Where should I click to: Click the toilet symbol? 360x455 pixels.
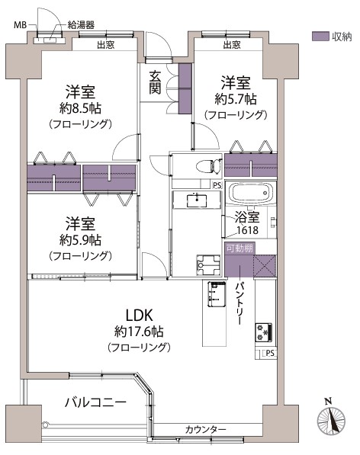(x=208, y=167)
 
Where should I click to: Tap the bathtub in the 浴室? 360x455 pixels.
(x=251, y=193)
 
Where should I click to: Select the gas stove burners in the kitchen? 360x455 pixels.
(x=264, y=332)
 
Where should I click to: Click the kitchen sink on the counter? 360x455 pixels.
(x=217, y=293)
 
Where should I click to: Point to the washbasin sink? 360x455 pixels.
(x=197, y=200)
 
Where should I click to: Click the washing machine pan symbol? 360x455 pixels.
(x=208, y=264)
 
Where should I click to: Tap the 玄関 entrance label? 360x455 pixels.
(x=155, y=82)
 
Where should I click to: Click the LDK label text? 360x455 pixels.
(x=139, y=315)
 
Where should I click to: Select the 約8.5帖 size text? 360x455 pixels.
(x=80, y=108)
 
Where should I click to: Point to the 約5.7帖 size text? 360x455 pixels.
(x=236, y=99)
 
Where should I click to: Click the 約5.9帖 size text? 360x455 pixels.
(x=80, y=240)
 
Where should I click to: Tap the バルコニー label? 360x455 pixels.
(x=95, y=402)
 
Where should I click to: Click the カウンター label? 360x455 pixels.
(x=205, y=429)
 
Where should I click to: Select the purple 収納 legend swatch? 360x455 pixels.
(x=320, y=37)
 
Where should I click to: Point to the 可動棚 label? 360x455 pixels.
(x=239, y=248)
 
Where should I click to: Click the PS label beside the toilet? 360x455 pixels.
(x=217, y=185)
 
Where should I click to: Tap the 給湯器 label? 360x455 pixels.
(x=81, y=25)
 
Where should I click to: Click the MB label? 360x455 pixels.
(x=21, y=25)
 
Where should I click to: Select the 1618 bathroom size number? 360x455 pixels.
(x=247, y=230)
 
